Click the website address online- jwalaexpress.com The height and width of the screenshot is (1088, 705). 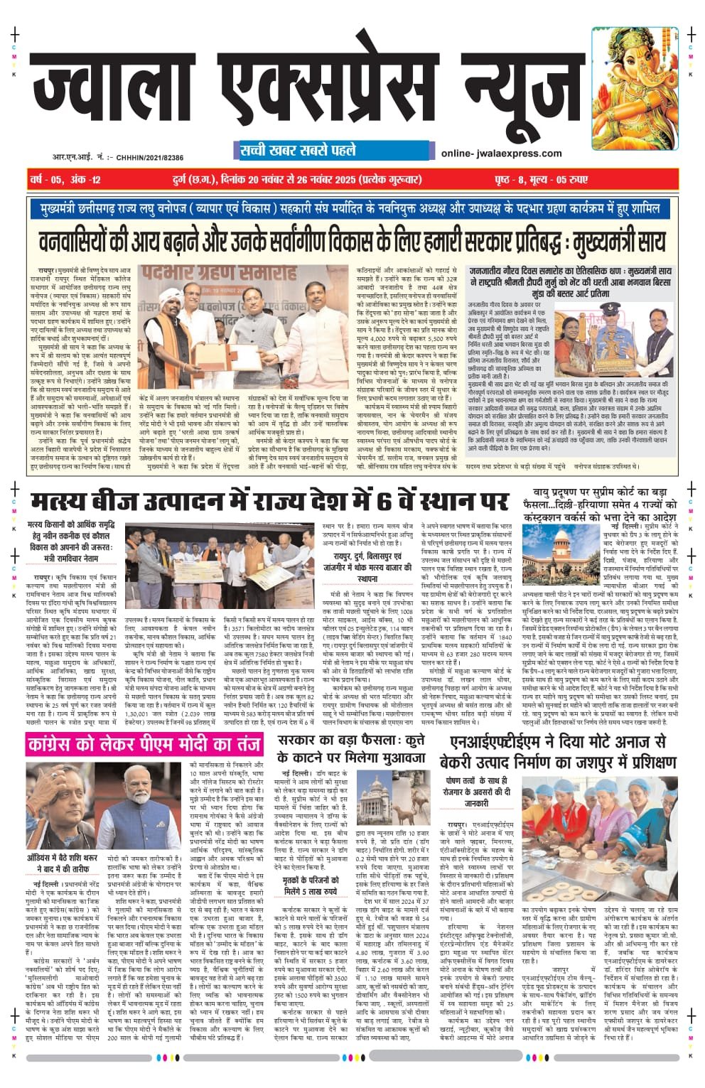501,153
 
